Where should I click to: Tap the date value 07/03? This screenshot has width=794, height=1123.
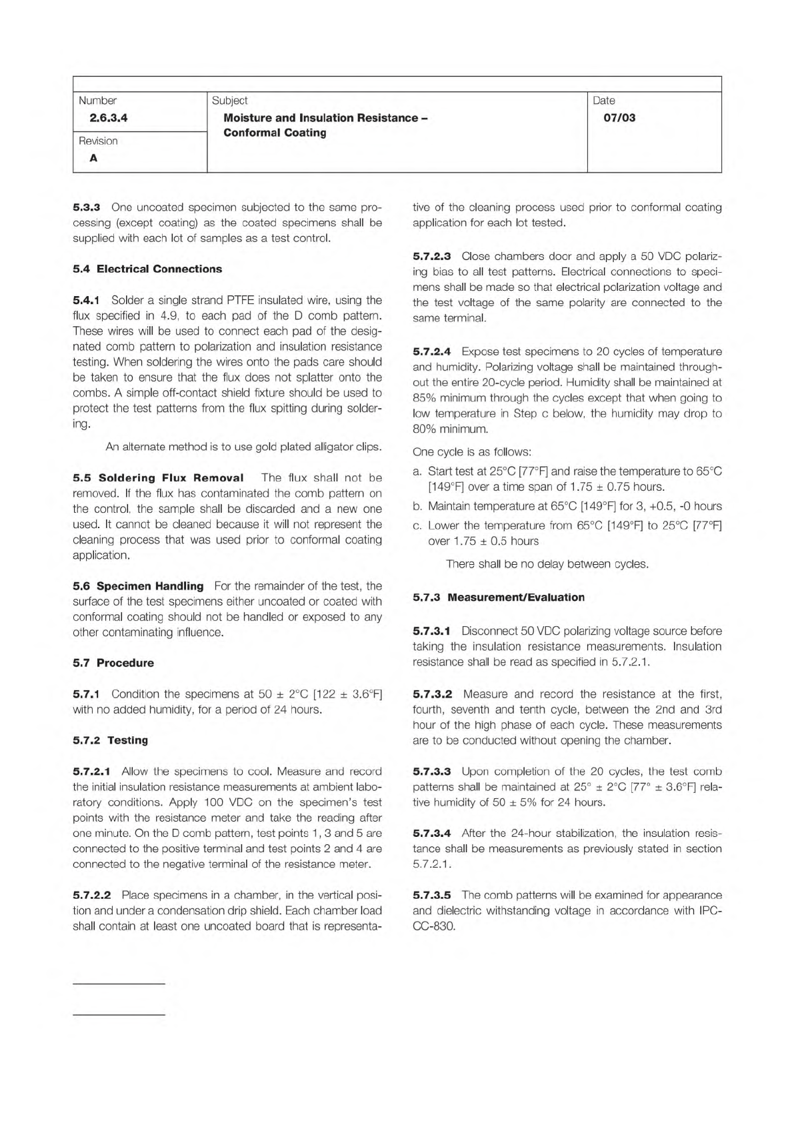[x=619, y=118]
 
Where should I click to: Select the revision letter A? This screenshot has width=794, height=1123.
[x=93, y=158]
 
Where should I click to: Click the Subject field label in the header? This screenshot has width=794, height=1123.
[x=229, y=101]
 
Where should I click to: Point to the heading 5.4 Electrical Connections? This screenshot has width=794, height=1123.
[x=147, y=269]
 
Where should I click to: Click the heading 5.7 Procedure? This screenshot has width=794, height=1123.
[x=113, y=663]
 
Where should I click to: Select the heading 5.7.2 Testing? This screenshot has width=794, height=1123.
[x=111, y=740]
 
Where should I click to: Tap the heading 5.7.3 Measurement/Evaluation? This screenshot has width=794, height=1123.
[x=499, y=597]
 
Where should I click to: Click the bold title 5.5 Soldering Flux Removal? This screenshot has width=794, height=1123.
[x=157, y=478]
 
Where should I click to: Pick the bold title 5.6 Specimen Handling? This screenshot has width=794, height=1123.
[x=138, y=586]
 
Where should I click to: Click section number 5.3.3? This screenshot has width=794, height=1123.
[x=86, y=207]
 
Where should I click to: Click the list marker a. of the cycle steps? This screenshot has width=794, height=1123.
[x=417, y=472]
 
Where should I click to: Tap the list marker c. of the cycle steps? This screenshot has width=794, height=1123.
[x=417, y=525]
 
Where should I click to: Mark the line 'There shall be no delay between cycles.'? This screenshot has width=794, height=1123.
[x=547, y=564]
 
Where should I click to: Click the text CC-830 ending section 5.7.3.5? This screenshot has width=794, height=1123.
[x=434, y=926]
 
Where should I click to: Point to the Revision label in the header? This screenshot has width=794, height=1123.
[x=98, y=141]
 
